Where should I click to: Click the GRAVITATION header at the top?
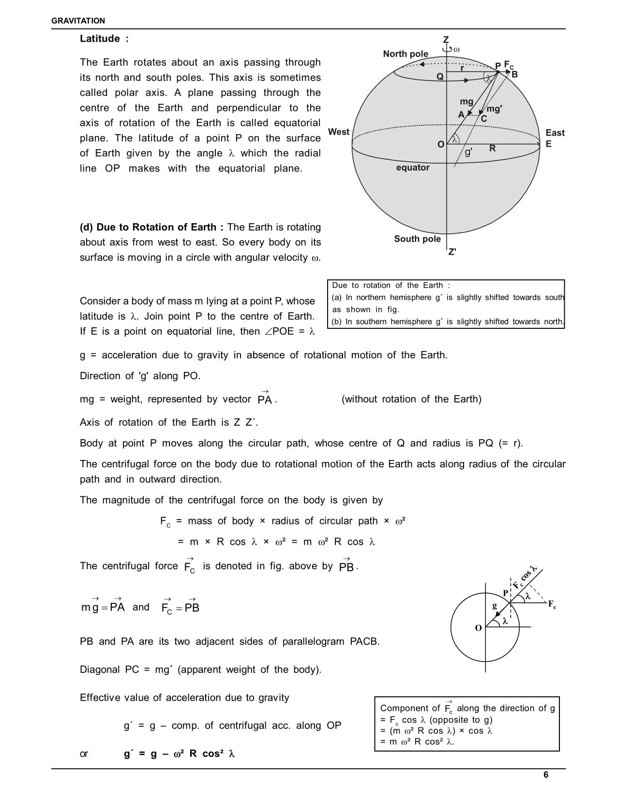click(78, 21)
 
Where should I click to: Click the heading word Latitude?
click(100, 39)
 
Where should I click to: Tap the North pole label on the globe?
click(406, 54)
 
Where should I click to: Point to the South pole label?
click(417, 239)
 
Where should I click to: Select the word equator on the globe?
click(413, 168)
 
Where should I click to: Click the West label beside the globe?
click(339, 132)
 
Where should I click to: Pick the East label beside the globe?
click(555, 133)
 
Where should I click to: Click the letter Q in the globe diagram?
click(440, 77)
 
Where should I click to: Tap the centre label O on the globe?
click(440, 144)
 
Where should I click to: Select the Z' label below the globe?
click(452, 252)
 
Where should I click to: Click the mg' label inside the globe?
click(494, 109)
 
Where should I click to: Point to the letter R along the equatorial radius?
click(492, 148)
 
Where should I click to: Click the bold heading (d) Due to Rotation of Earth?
click(151, 227)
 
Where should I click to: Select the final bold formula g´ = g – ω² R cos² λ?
click(180, 753)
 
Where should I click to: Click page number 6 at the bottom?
click(546, 775)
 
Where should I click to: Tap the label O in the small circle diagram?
click(478, 628)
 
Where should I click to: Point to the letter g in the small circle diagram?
click(495, 605)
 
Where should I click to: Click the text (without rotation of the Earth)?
click(411, 399)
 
